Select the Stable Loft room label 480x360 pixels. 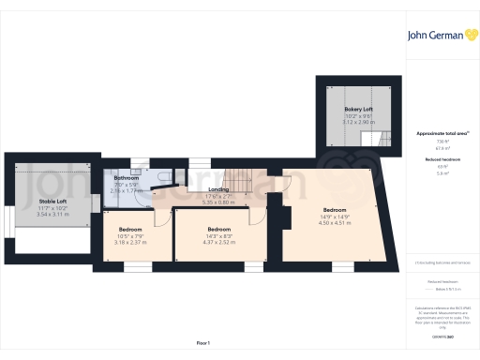point(52,201)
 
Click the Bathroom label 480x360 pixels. point(127,178)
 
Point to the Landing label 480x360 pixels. point(218,188)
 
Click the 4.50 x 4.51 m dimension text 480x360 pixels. point(335,223)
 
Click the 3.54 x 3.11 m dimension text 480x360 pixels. point(52,214)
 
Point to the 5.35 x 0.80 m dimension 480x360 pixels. point(218,202)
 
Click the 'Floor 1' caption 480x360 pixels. point(202,344)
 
